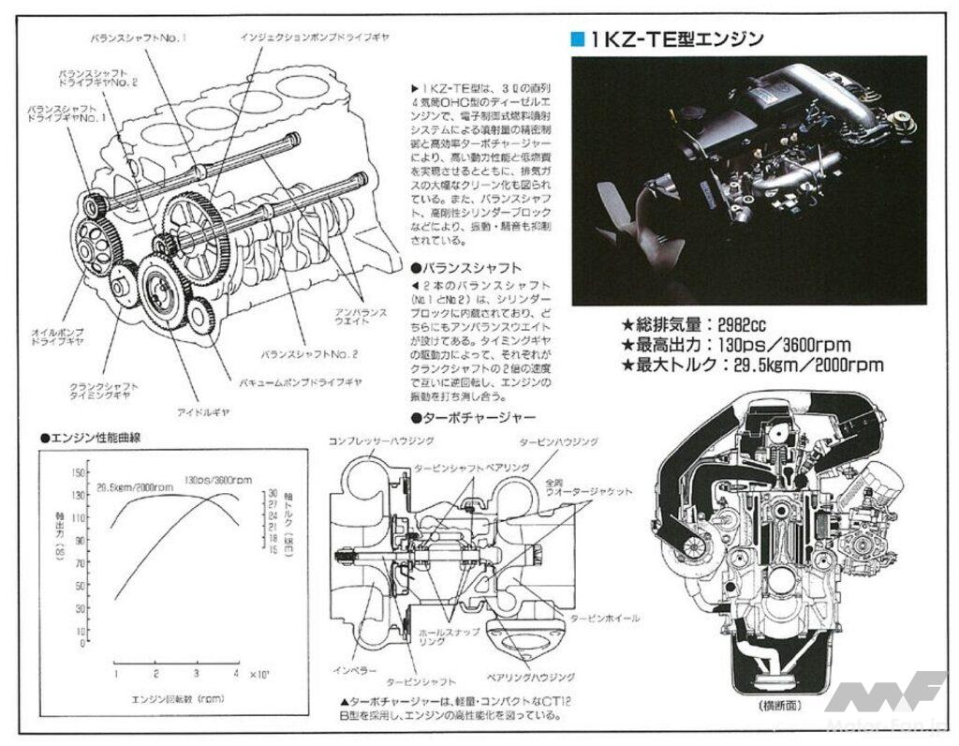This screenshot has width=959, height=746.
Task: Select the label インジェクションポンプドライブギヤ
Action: (314, 37)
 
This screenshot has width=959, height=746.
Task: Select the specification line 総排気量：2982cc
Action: (693, 325)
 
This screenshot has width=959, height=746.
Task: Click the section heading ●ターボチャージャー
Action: (473, 416)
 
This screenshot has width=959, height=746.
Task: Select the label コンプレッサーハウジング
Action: (375, 440)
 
